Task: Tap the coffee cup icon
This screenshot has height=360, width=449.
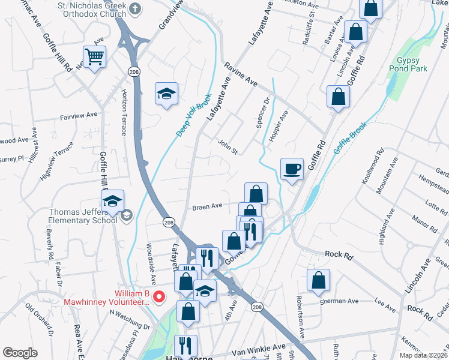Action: [x=292, y=169]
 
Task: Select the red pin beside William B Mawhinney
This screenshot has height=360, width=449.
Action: [x=159, y=296]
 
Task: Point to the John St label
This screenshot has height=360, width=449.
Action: [x=228, y=146]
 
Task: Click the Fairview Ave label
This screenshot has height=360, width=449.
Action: [x=78, y=115]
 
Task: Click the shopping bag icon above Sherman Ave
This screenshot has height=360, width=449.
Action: [x=318, y=280]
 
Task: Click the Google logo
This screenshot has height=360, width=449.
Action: [x=20, y=353]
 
